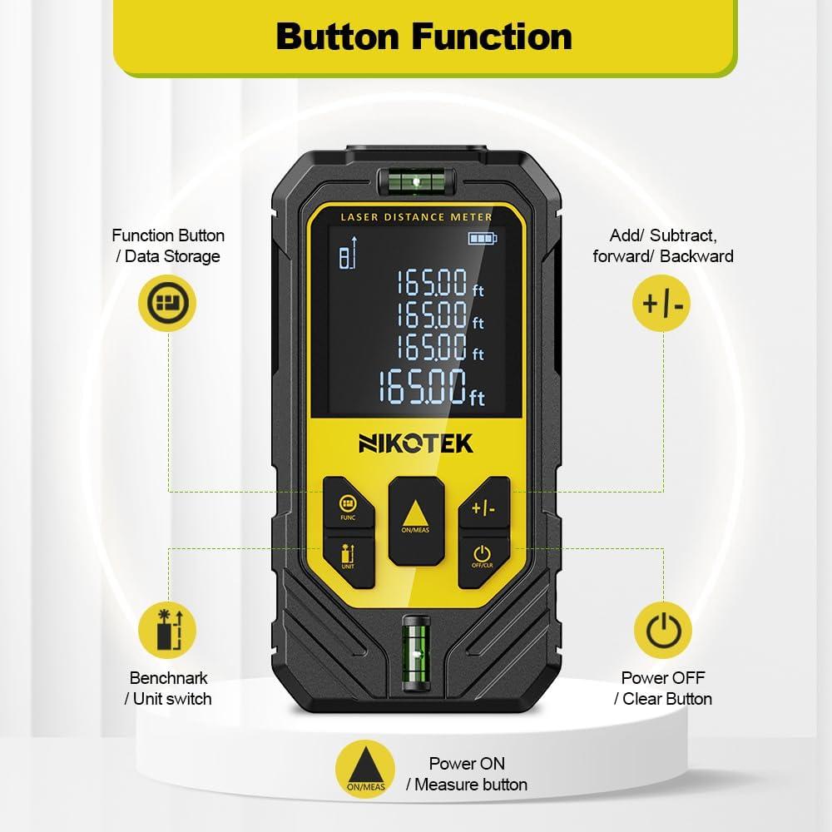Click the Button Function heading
[424, 37]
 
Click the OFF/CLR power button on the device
[483, 560]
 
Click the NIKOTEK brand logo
[415, 443]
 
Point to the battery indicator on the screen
[483, 238]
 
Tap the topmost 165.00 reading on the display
[440, 282]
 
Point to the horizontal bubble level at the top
[417, 181]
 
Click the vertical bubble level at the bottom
[416, 653]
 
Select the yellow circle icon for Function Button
[168, 304]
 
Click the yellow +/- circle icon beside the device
[661, 304]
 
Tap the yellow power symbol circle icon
[663, 631]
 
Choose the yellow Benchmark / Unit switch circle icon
[168, 631]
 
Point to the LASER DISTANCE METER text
[417, 217]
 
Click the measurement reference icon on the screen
[349, 254]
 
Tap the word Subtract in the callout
[683, 235]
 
